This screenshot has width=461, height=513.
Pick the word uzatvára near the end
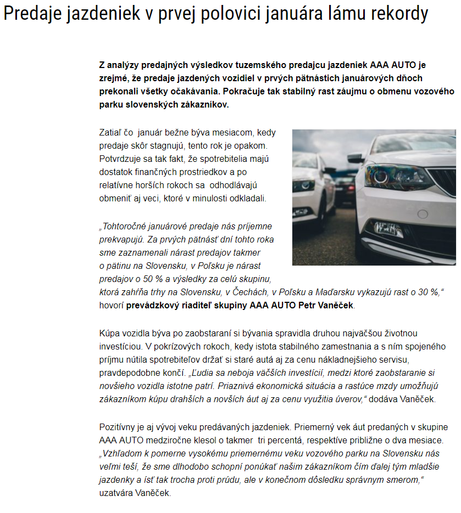(115, 493)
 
